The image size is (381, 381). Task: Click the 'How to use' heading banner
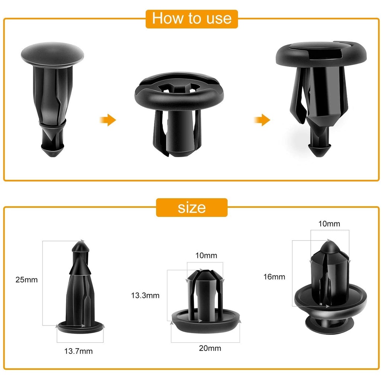[192, 19]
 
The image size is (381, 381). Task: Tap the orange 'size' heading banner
[192, 208]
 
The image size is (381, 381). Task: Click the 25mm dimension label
[26, 280]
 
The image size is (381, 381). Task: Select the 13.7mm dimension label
[79, 351]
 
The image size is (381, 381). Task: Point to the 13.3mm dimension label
[145, 295]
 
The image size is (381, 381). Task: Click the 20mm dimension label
[210, 348]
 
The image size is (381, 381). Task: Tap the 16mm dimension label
[274, 277]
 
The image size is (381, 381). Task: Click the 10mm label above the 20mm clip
[206, 255]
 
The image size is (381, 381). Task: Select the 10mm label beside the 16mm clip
[329, 224]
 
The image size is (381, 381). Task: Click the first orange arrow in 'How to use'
[108, 120]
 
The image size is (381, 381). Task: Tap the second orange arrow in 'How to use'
[262, 120]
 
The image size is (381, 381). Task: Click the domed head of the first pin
[52, 54]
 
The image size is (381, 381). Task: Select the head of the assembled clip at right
[321, 54]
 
